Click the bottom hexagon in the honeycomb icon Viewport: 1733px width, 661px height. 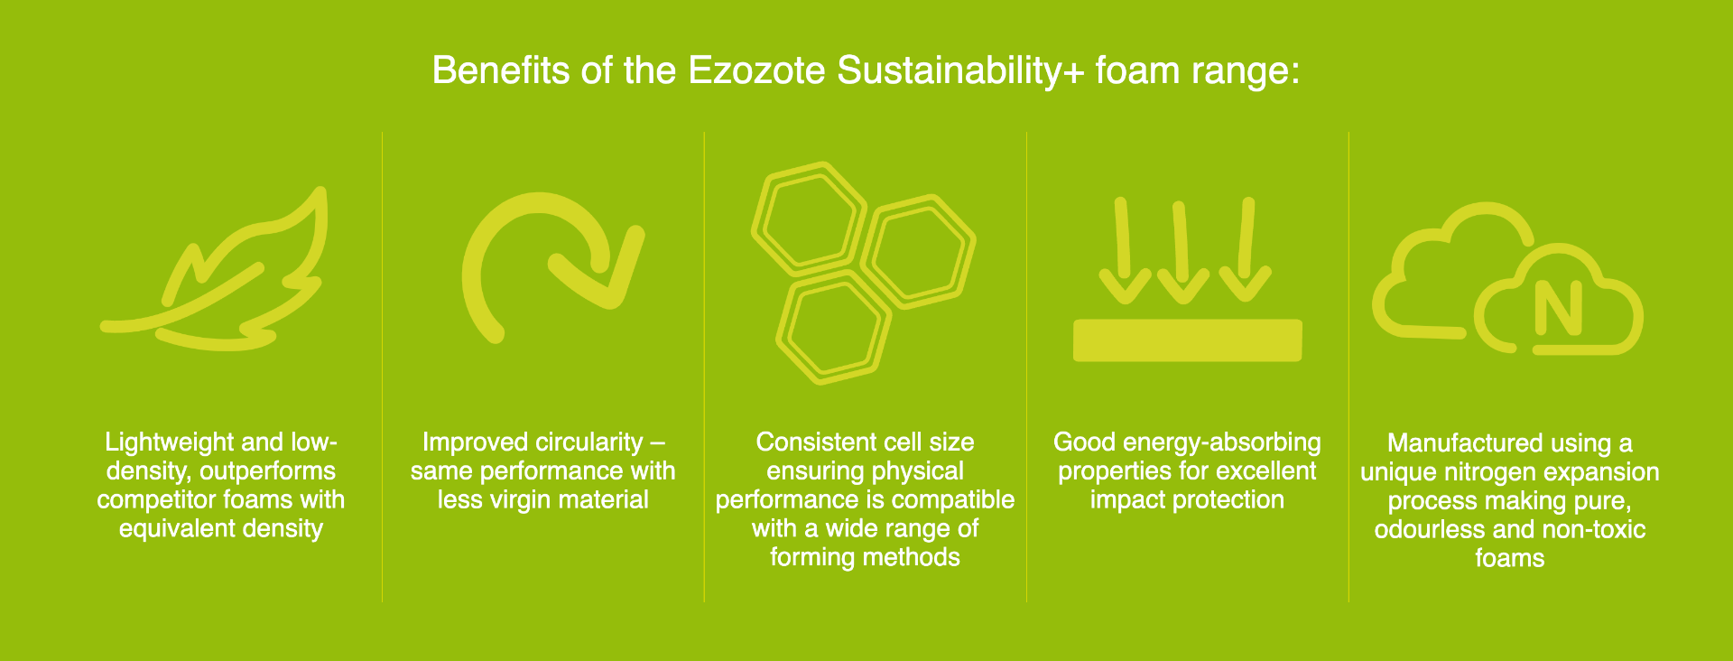(x=833, y=328)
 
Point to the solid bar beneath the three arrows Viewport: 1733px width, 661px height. (x=1187, y=340)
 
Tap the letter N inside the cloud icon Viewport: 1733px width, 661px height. (x=1559, y=308)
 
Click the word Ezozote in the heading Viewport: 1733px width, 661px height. (x=756, y=70)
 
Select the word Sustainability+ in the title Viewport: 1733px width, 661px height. (x=959, y=70)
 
